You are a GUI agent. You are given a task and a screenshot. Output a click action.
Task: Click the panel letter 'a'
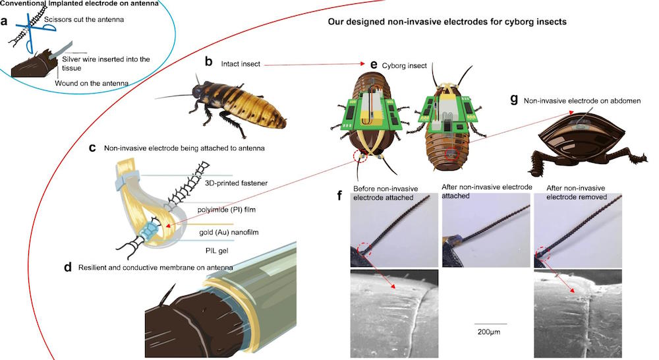pos(4,21)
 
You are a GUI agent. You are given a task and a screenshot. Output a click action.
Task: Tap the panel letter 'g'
pos(513,100)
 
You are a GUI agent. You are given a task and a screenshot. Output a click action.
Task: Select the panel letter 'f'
pos(340,196)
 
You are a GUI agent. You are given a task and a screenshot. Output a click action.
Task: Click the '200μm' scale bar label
pos(489,332)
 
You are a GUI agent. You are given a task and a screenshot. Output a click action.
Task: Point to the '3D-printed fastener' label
pos(236,183)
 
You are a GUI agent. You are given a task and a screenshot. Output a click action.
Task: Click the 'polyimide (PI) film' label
pos(227,210)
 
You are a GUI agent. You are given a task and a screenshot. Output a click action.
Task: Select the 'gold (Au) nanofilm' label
pos(229,232)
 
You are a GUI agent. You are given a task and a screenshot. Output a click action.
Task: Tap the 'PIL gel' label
pos(217,251)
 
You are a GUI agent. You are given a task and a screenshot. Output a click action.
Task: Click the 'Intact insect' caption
pos(241,64)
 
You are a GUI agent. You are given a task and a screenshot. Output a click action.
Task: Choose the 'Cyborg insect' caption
pos(405,66)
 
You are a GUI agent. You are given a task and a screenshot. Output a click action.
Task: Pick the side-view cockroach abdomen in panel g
pos(588,140)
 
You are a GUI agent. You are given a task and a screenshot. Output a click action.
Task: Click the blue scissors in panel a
pos(33,32)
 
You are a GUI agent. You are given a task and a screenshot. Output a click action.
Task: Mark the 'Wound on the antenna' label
pos(92,83)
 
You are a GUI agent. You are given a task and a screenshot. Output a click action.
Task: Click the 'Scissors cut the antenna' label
pos(84,19)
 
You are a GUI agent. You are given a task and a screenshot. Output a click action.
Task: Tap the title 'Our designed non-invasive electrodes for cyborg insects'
pos(447,22)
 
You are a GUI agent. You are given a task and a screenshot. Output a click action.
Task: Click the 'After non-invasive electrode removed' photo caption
pos(576,192)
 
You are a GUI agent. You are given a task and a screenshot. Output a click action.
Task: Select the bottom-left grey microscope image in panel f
pos(394,314)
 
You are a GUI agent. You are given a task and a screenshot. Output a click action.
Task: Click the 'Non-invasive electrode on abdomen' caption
pos(582,101)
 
